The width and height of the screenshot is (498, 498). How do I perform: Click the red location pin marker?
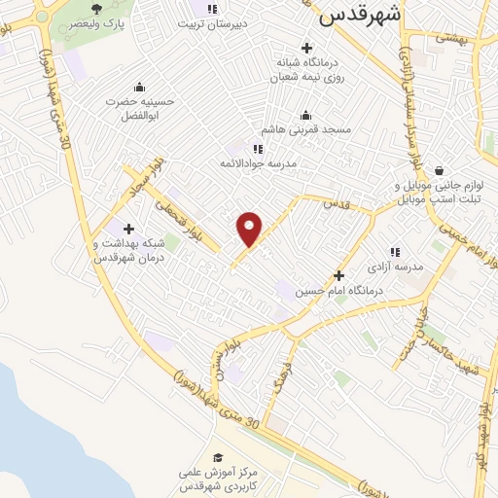pos(250,228)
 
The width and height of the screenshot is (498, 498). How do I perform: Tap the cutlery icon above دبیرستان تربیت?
pos(212,9)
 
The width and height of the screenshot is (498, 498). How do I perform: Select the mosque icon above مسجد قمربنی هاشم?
pos(306,114)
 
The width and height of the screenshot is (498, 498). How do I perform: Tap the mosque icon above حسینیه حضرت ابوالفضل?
pos(140,86)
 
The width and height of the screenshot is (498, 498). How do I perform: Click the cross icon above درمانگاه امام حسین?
pos(338,275)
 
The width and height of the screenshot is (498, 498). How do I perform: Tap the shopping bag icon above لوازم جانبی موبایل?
pos(440,169)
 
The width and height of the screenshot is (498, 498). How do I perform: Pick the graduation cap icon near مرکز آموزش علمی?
pos(219,457)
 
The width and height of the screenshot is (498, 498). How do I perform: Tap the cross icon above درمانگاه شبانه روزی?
pos(307,48)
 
